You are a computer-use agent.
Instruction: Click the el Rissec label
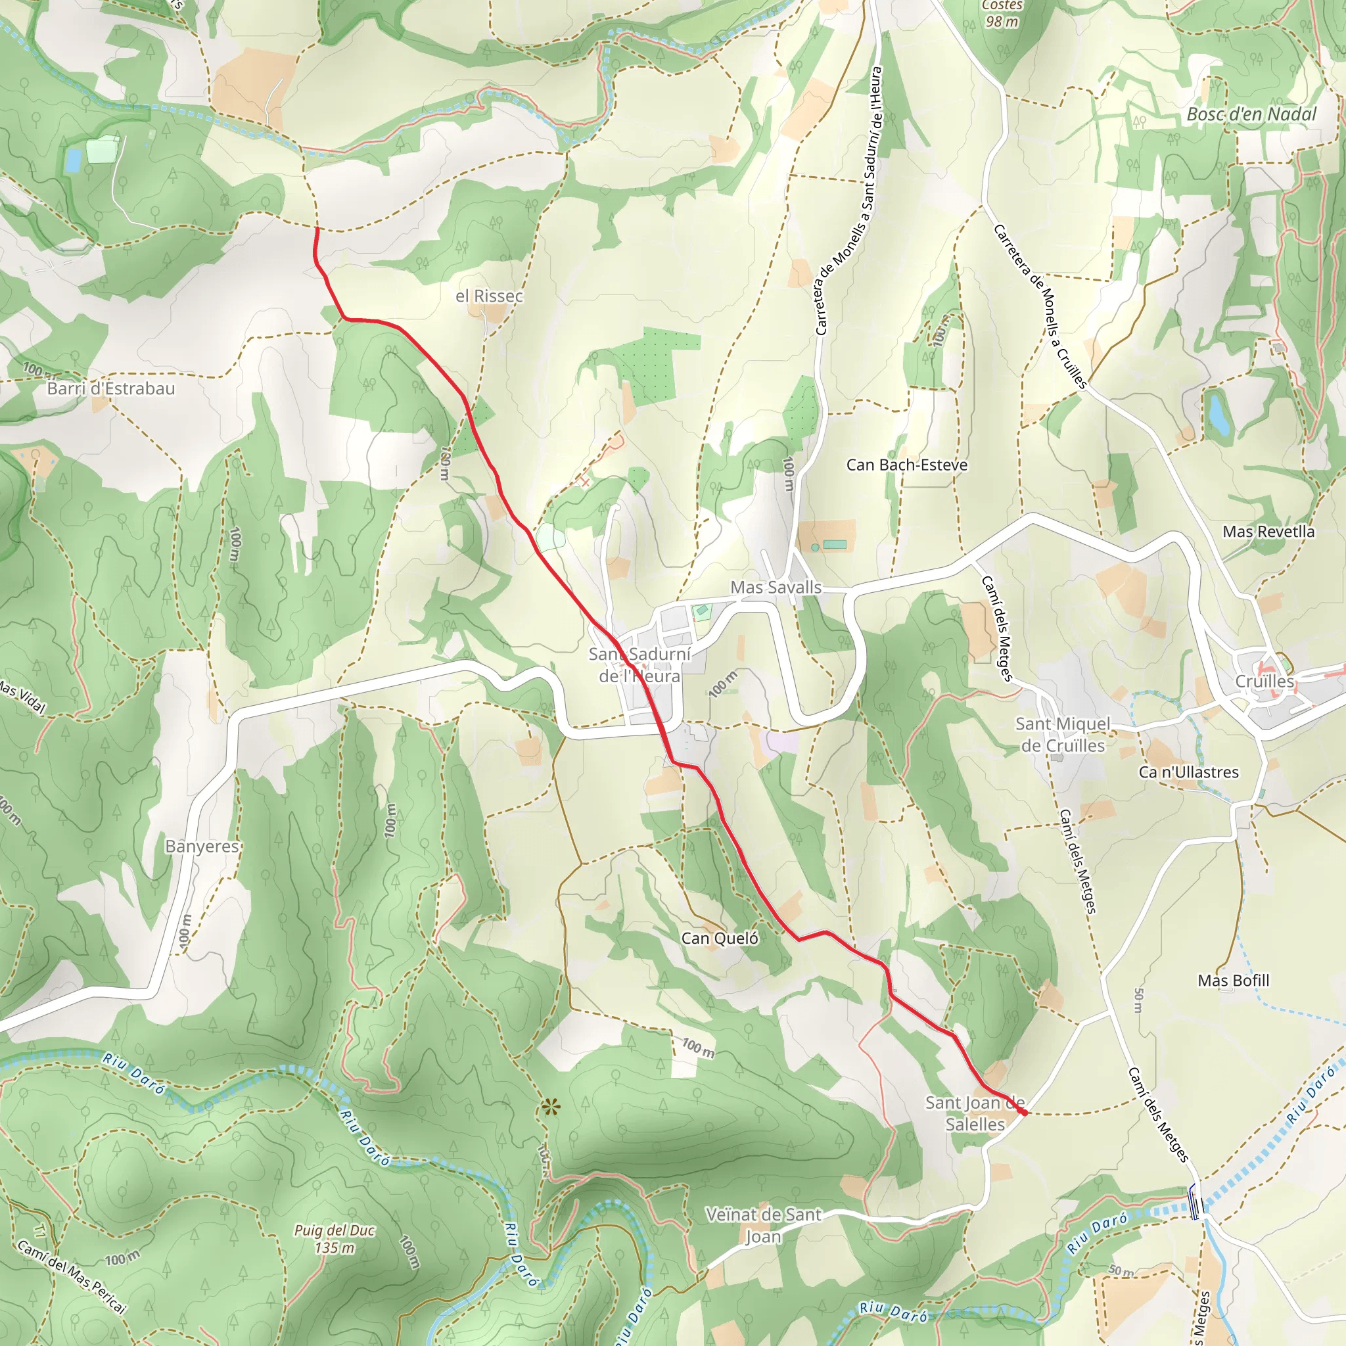point(489,296)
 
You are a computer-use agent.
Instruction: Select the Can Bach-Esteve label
point(906,465)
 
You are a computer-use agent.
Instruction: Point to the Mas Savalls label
point(776,588)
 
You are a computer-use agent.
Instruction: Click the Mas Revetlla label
point(1268,532)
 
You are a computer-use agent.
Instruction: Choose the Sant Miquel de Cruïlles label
point(1063,734)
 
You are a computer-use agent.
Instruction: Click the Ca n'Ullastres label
point(1188,772)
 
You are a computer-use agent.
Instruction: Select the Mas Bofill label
point(1233,980)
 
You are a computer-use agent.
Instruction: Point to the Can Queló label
point(720,938)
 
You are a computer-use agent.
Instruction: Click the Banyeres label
point(202,846)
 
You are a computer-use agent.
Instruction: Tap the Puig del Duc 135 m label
point(335,1239)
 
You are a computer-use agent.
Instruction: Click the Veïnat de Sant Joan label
point(764,1225)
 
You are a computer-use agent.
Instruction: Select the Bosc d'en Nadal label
point(1251,114)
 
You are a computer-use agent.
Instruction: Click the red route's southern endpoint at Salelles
point(1025,1113)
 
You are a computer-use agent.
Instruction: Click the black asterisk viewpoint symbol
point(550,1106)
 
